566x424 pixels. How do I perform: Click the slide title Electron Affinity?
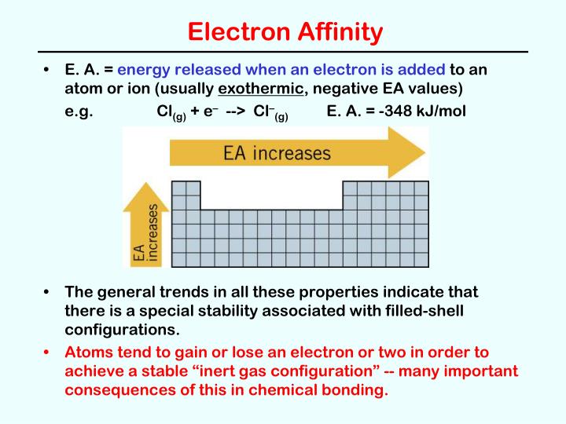point(286,32)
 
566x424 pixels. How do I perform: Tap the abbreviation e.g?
point(79,111)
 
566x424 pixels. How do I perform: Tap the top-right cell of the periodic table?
point(421,188)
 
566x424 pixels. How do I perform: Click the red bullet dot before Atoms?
point(48,353)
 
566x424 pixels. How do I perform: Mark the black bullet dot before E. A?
point(48,71)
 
